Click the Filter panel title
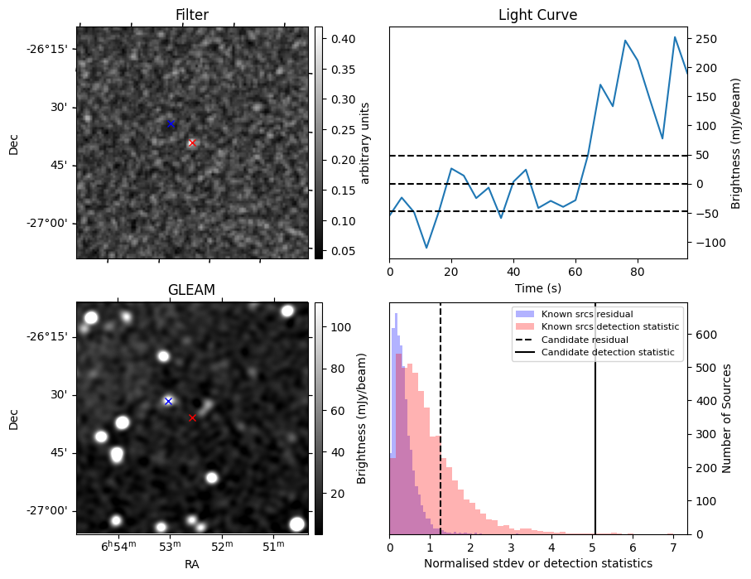point(192,15)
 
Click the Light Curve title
point(537,15)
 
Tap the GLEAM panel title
point(191,290)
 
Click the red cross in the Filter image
point(192,142)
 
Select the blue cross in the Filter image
point(171,124)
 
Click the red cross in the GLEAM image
point(192,417)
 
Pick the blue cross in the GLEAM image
point(168,401)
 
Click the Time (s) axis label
point(537,287)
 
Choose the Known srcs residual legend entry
point(587,314)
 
